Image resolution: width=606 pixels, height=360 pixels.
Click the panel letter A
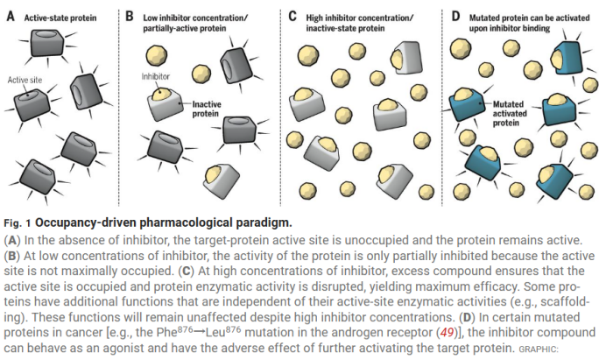(x=10, y=15)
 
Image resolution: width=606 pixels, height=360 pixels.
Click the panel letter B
(x=129, y=15)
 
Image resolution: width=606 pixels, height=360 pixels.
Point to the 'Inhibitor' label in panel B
(x=155, y=76)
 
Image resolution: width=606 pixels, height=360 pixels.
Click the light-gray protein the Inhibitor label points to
(x=164, y=104)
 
